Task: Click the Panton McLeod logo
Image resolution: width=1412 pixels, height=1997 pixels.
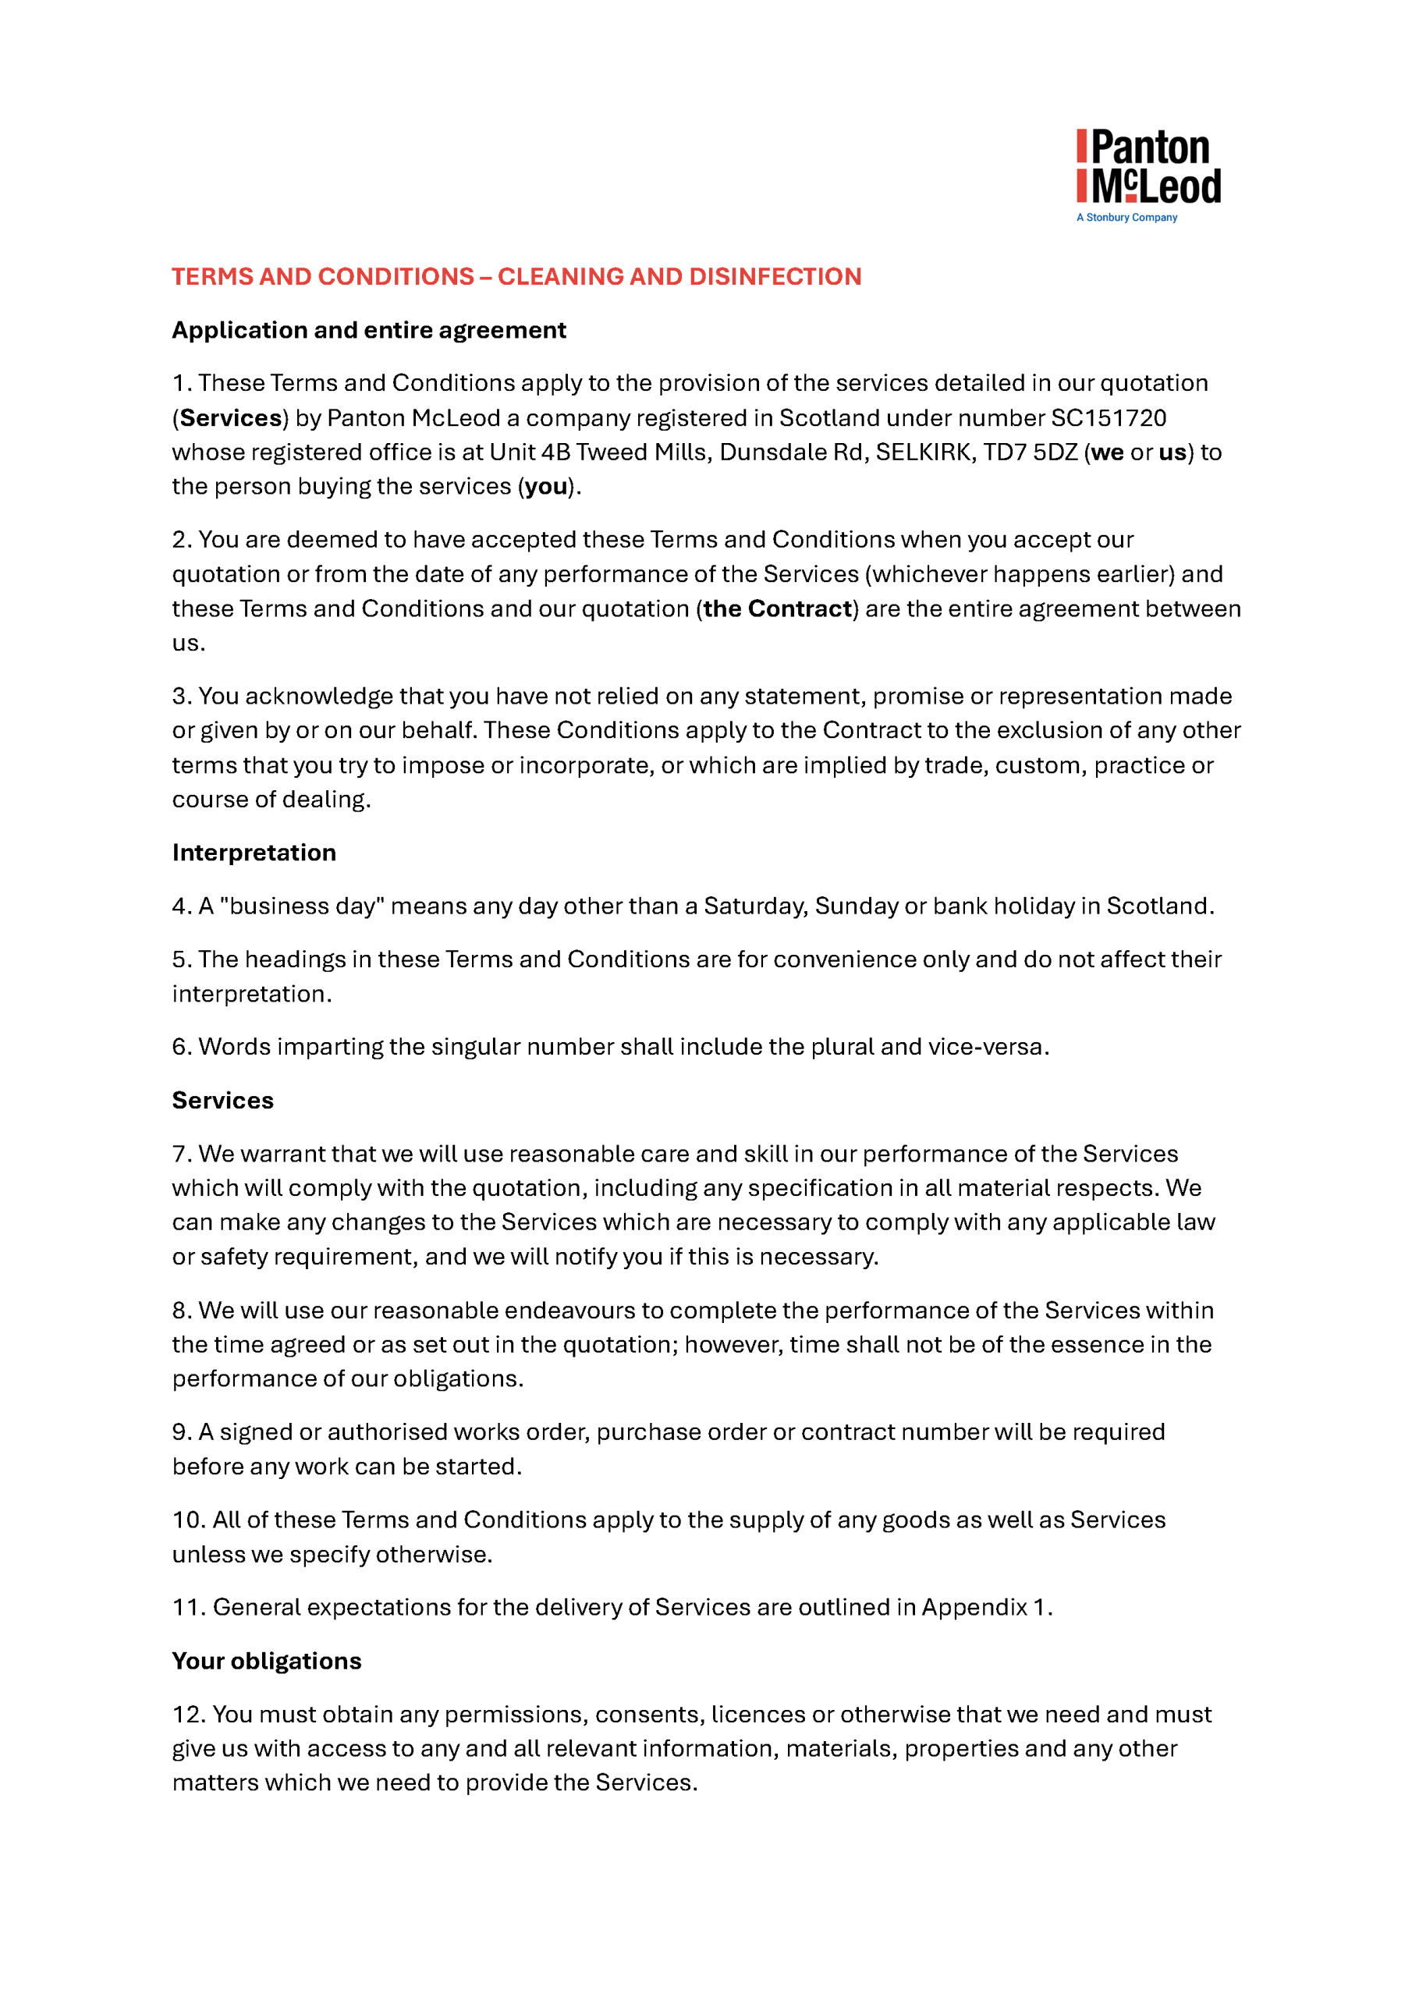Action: click(x=1148, y=167)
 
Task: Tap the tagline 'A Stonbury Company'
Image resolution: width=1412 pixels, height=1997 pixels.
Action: click(x=1126, y=218)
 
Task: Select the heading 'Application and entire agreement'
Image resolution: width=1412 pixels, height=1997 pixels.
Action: click(x=369, y=331)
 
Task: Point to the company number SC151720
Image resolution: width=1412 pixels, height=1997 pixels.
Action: click(x=1109, y=418)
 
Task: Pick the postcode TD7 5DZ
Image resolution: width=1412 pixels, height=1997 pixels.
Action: click(x=1030, y=452)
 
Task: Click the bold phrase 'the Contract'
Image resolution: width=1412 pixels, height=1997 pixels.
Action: click(x=777, y=608)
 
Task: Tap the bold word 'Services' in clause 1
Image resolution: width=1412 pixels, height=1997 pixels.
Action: click(x=231, y=418)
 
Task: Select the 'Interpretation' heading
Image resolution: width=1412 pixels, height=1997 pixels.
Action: click(x=254, y=853)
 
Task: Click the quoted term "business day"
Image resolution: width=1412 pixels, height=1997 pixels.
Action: click(x=303, y=906)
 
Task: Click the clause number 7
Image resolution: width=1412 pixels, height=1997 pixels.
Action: click(x=180, y=1155)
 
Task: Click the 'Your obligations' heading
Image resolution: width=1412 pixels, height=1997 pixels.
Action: click(x=266, y=1662)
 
